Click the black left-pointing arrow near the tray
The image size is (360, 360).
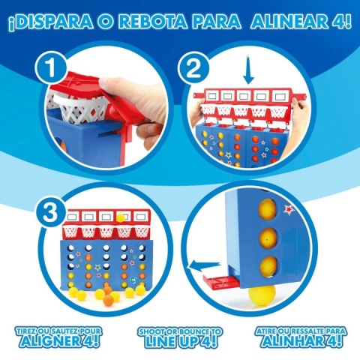(199, 263)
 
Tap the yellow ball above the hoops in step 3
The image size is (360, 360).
(120, 217)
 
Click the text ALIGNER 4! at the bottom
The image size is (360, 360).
(61, 343)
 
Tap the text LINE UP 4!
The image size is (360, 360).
(179, 343)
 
